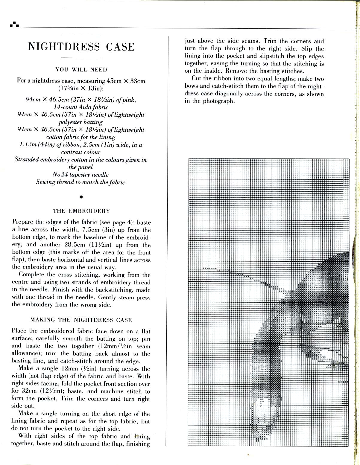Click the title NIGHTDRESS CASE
(81, 47)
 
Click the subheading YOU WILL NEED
(81, 70)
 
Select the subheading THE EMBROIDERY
(81, 211)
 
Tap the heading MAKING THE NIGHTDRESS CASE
(81, 320)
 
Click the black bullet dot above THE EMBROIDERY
(81, 197)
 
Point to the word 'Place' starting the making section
(19, 331)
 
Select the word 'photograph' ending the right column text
(218, 101)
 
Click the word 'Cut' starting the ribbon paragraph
(196, 79)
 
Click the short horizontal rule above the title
(81, 35)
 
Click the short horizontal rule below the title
(81, 57)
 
